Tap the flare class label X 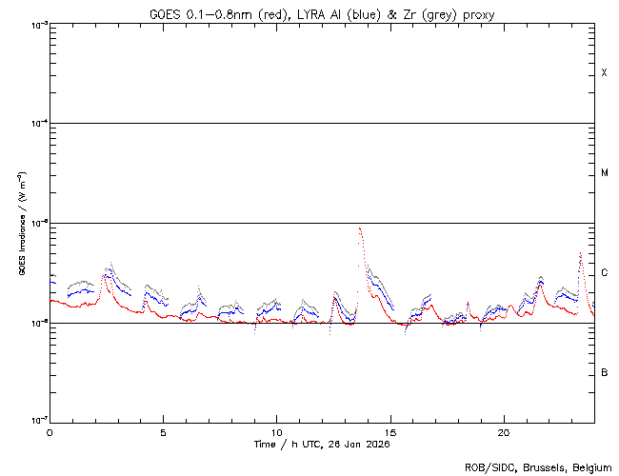point(604,73)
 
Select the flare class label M point(605,173)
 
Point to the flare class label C point(605,273)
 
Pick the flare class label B point(605,372)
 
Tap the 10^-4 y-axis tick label point(35,124)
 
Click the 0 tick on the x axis point(50,431)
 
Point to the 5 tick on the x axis point(163,431)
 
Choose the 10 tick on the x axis point(276,431)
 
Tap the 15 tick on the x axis point(390,431)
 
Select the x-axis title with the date point(322,444)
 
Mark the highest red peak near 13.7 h point(359,228)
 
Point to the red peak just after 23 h point(581,253)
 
